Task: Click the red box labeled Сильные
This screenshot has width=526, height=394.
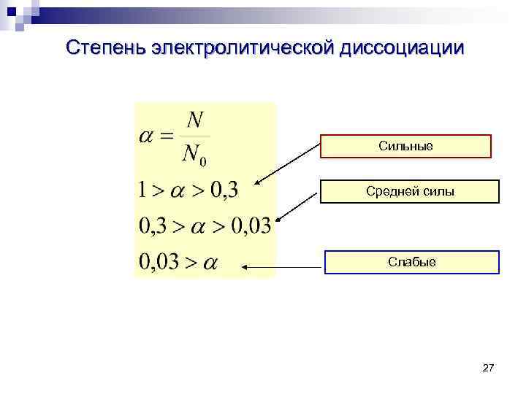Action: pos(405,147)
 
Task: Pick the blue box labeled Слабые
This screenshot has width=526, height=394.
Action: pos(411,262)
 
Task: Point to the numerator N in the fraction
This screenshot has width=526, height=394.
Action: pos(194,119)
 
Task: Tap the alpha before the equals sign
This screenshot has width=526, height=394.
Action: pos(149,136)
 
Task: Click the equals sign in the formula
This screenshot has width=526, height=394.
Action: pos(169,136)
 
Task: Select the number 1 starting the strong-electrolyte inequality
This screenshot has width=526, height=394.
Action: pos(143,191)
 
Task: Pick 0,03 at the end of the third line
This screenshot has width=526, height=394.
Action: pos(250,226)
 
